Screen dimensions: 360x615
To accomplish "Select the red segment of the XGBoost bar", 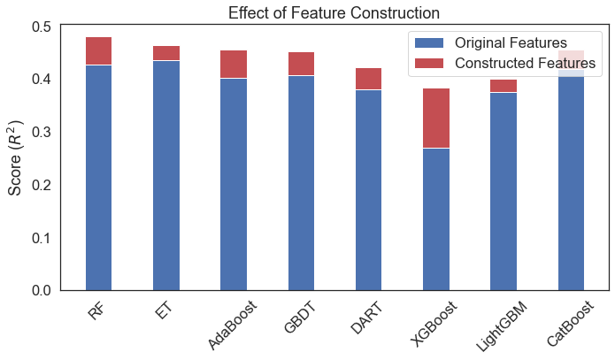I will pyautogui.click(x=436, y=118).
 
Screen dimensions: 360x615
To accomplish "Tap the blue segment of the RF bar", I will pyautogui.click(x=98, y=177).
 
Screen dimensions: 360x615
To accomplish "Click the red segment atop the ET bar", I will pyautogui.click(x=166, y=53).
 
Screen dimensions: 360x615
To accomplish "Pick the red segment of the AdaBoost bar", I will pyautogui.click(x=234, y=64).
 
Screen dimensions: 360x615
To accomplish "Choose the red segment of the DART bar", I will pyautogui.click(x=369, y=79).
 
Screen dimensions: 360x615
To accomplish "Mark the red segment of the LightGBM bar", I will pyautogui.click(x=504, y=86).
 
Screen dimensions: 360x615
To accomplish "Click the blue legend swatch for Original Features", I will pyautogui.click(x=428, y=42).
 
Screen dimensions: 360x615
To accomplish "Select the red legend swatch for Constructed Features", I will pyautogui.click(x=428, y=64).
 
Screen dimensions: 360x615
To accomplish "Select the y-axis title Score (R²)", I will pyautogui.click(x=17, y=159).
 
